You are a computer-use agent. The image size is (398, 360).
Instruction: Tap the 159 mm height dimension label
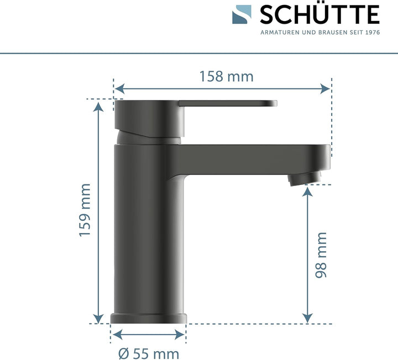click(x=85, y=210)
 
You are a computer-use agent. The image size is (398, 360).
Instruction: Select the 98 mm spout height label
click(x=320, y=255)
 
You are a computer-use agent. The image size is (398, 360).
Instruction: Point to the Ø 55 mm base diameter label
click(x=148, y=352)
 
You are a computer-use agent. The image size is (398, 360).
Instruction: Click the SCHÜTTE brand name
click(x=320, y=15)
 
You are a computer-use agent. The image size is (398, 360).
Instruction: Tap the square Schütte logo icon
click(x=241, y=15)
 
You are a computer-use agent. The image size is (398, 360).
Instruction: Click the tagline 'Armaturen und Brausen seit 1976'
click(x=320, y=33)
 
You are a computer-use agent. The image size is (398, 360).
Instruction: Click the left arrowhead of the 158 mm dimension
click(x=118, y=88)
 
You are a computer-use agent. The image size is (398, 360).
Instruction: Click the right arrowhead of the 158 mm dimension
click(x=327, y=88)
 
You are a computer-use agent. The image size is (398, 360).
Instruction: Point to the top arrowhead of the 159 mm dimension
click(x=98, y=105)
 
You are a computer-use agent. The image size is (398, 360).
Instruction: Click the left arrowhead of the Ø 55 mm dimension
click(x=116, y=333)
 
